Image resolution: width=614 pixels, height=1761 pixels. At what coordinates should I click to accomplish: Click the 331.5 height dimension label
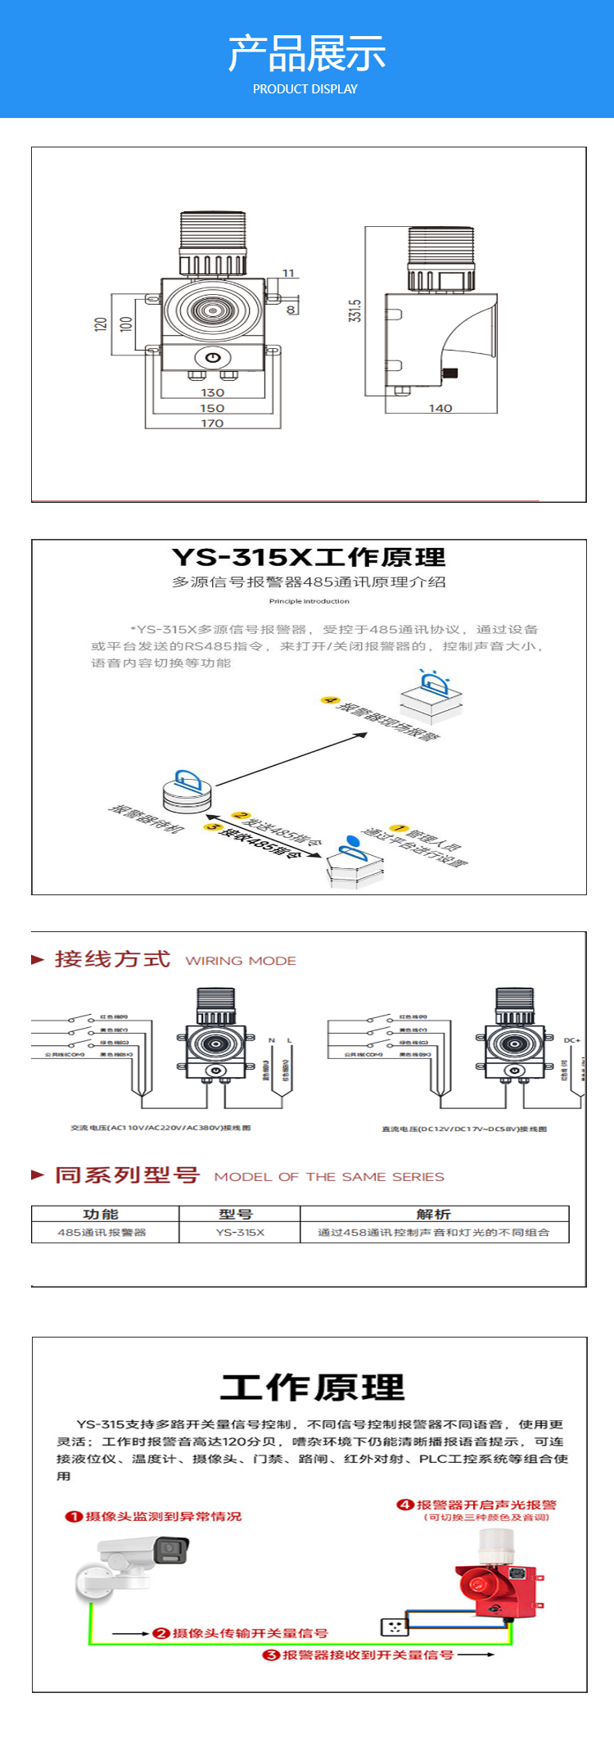355,310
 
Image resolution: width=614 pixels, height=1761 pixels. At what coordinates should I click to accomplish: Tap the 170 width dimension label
212,423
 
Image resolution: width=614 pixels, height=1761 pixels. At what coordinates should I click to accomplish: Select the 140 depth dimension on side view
440,408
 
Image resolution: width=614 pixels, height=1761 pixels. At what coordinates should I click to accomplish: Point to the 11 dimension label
288,273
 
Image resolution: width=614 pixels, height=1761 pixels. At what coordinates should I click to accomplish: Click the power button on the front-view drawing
213,358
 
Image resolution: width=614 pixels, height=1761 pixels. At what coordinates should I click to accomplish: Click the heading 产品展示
306,53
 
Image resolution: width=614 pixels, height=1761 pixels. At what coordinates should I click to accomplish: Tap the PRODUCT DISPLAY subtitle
305,89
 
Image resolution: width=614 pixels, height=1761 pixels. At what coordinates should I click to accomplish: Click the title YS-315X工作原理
309,558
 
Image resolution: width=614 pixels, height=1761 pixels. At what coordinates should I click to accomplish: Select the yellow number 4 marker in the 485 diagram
329,700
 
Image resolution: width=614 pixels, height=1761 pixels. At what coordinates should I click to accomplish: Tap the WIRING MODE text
241,961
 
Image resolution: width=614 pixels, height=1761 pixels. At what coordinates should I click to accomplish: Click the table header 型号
236,1214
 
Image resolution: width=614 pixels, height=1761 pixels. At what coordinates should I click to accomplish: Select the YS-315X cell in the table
240,1232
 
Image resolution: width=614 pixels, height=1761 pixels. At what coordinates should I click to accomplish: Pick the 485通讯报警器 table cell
102,1232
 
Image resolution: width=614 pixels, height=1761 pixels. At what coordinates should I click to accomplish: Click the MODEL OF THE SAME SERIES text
329,1177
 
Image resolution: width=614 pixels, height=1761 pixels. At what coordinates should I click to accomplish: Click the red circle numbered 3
271,1655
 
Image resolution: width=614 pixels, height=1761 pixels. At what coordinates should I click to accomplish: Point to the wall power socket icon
394,1626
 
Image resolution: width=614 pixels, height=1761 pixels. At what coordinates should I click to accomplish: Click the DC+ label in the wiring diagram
571,1040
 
